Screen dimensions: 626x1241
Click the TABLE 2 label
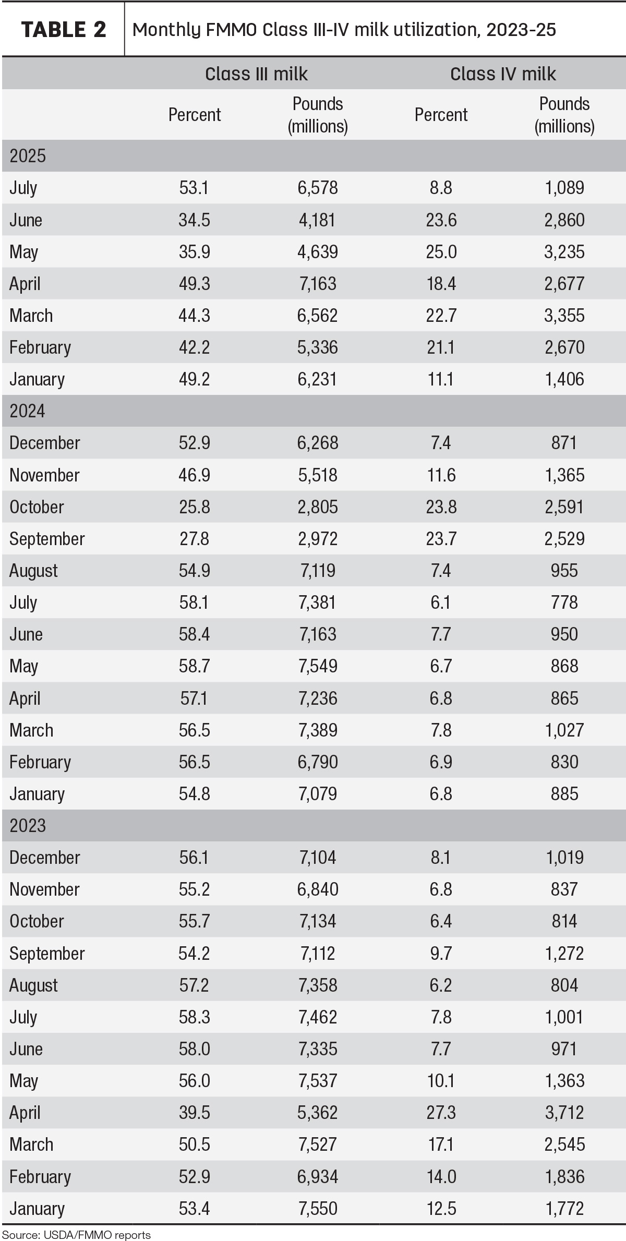(x=64, y=30)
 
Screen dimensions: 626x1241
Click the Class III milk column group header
(x=256, y=74)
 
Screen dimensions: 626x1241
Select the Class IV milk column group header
(x=503, y=74)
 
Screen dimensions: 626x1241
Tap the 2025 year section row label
(x=28, y=156)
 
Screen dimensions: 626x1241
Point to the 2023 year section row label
(x=28, y=826)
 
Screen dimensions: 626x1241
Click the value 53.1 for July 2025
(x=194, y=188)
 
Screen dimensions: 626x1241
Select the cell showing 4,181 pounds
(x=318, y=220)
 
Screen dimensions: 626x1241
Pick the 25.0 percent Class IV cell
(x=441, y=252)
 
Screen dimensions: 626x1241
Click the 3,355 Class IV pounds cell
(x=564, y=316)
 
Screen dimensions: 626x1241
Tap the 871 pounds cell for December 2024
(x=564, y=443)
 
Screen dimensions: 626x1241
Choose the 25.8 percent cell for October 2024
(x=194, y=507)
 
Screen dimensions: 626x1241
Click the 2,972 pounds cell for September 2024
(x=318, y=539)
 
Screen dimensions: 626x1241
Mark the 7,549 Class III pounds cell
(x=318, y=666)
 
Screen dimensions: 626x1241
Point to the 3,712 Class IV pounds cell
(x=564, y=1113)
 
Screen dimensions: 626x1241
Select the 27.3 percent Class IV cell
(x=441, y=1113)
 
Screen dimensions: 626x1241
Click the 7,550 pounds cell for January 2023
(x=318, y=1209)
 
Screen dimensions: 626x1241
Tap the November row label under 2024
(x=44, y=475)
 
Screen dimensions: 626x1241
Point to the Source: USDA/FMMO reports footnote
(x=76, y=1235)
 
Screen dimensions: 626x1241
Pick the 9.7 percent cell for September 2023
(x=441, y=954)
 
